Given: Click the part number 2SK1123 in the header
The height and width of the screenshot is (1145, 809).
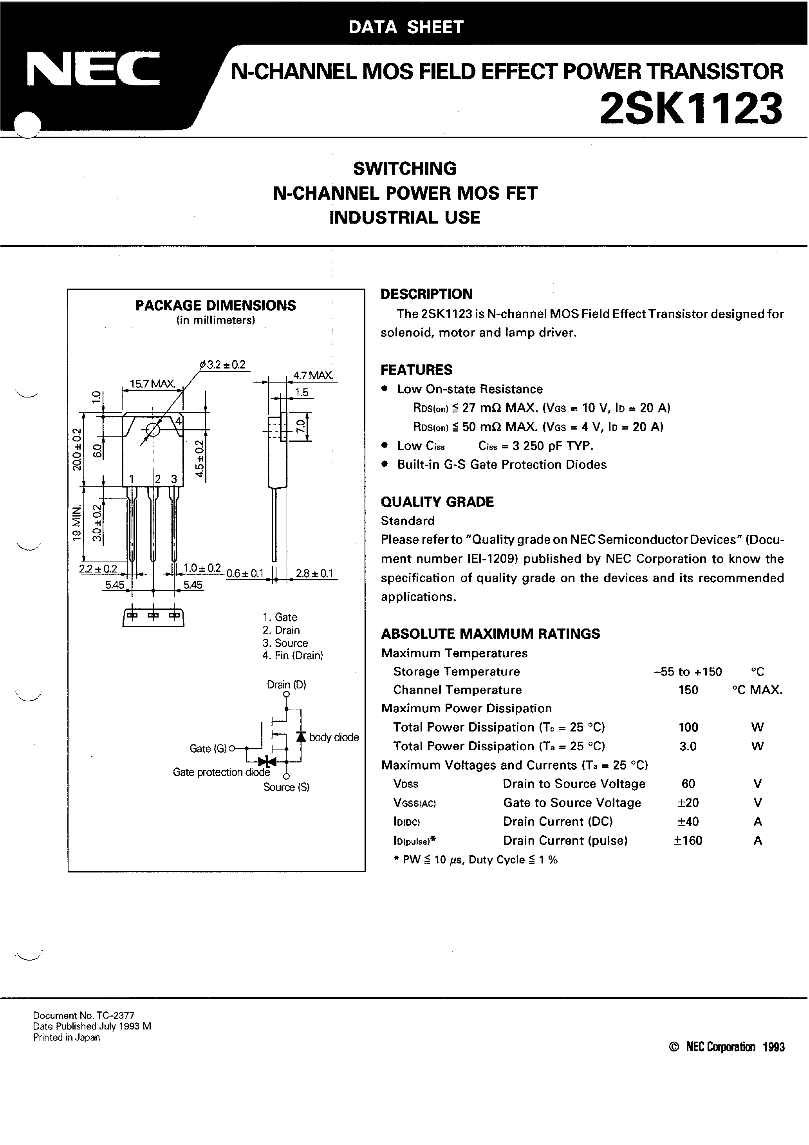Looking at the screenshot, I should click(691, 109).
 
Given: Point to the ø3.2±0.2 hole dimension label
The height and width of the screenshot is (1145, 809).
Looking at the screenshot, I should click(223, 365).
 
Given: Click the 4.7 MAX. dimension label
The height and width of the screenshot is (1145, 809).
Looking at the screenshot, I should click(313, 376).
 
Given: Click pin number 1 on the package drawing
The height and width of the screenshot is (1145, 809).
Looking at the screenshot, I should click(131, 479).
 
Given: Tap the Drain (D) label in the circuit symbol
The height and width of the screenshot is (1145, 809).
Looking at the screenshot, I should click(286, 685).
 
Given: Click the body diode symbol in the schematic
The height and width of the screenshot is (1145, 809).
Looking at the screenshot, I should click(301, 736).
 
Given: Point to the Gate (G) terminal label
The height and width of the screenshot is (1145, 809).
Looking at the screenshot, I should click(208, 749).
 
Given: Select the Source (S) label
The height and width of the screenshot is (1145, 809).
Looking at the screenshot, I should click(286, 787).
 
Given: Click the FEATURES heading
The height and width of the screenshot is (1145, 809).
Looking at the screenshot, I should click(417, 370).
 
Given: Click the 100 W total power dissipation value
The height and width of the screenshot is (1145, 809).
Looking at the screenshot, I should click(688, 727).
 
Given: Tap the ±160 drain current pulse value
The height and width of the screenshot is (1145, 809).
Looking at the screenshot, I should click(688, 840).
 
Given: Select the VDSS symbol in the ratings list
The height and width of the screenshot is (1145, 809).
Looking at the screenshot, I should click(406, 784).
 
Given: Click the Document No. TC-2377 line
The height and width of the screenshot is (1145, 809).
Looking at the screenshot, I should click(83, 1015).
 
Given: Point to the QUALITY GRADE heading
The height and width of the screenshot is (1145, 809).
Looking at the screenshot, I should click(437, 502).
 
